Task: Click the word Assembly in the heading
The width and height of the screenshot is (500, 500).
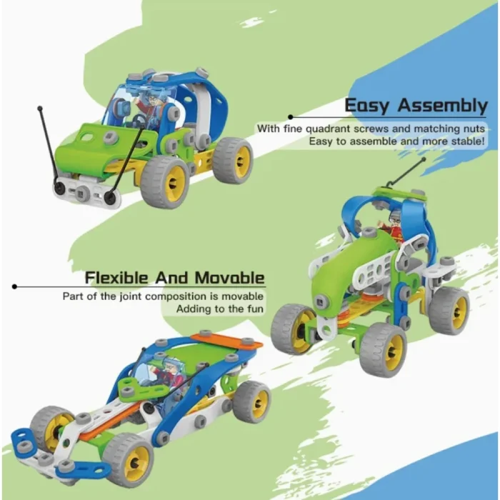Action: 443,106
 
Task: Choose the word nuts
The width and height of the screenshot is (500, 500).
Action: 472,129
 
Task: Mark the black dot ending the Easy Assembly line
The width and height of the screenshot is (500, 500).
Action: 291,116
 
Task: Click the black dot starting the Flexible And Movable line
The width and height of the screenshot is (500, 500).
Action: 15,287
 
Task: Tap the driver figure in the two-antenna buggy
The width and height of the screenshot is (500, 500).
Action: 148,107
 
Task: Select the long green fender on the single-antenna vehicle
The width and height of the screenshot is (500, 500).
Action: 355,268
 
